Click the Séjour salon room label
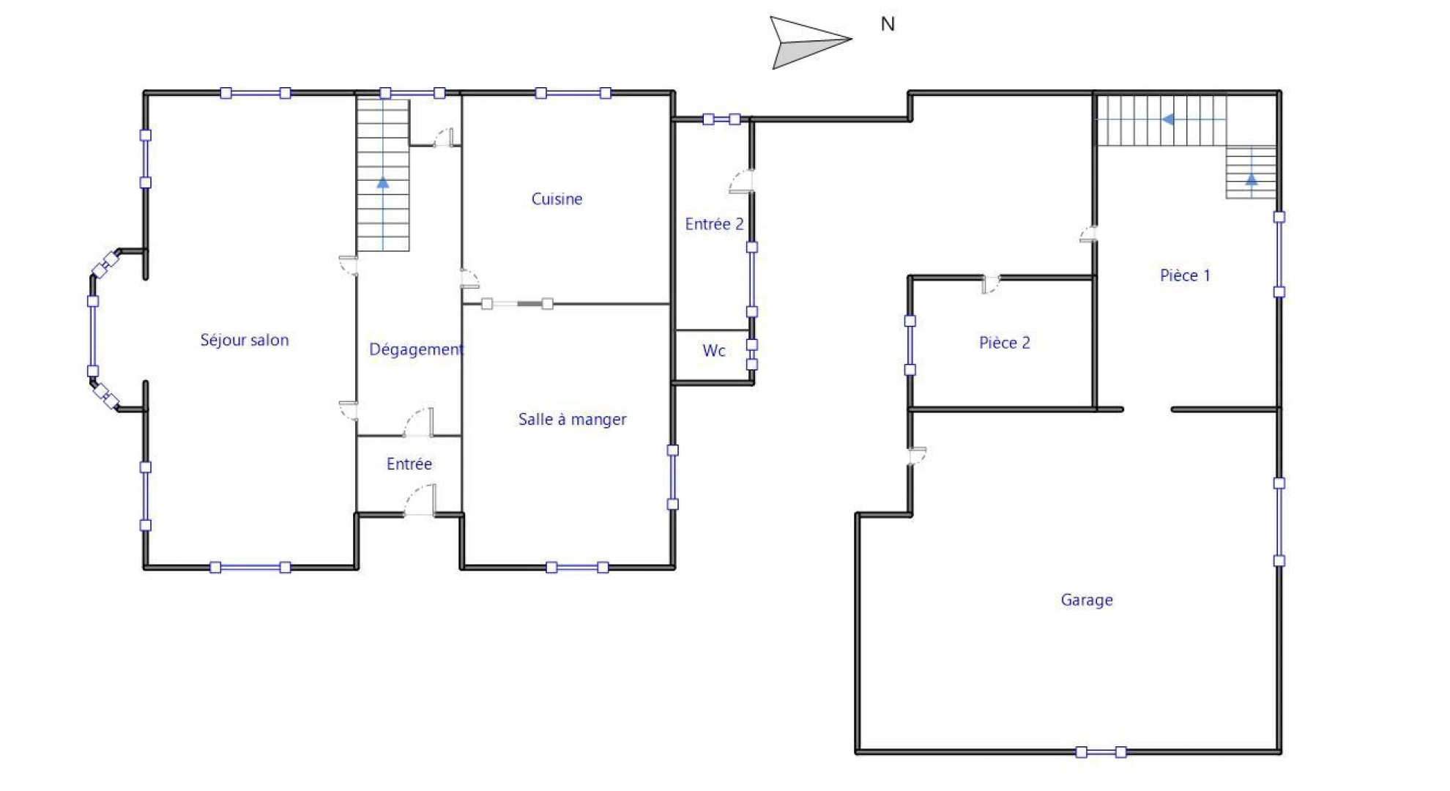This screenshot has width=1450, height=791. (245, 340)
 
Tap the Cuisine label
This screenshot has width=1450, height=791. (557, 199)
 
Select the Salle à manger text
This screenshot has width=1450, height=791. (572, 420)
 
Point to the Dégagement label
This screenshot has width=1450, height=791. (416, 349)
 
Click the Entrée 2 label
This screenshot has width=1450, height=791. (714, 224)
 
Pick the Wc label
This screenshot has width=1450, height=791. (713, 351)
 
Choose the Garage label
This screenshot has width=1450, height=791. (1087, 600)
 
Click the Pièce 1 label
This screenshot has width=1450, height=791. (1185, 275)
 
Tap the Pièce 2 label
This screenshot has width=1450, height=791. (1004, 343)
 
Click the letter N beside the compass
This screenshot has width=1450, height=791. (888, 25)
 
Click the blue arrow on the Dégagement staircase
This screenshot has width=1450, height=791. (383, 182)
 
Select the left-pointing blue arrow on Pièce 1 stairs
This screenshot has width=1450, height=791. (1169, 119)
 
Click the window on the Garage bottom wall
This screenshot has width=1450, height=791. (1101, 751)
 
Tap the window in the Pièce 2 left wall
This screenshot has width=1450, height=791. (910, 345)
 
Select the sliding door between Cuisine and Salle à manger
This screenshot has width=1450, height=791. (517, 303)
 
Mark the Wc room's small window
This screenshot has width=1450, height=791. (752, 354)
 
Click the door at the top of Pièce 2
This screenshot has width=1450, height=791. (991, 285)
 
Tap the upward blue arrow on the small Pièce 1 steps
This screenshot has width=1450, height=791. (1252, 178)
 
